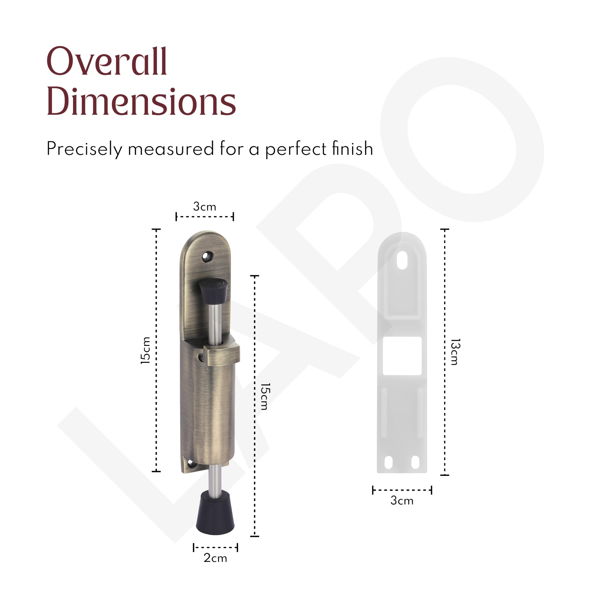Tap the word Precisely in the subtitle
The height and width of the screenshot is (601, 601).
click(x=84, y=149)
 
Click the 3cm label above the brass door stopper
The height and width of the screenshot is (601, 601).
click(x=204, y=206)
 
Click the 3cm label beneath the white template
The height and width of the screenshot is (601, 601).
click(x=402, y=500)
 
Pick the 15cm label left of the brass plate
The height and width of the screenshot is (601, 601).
click(x=145, y=350)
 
